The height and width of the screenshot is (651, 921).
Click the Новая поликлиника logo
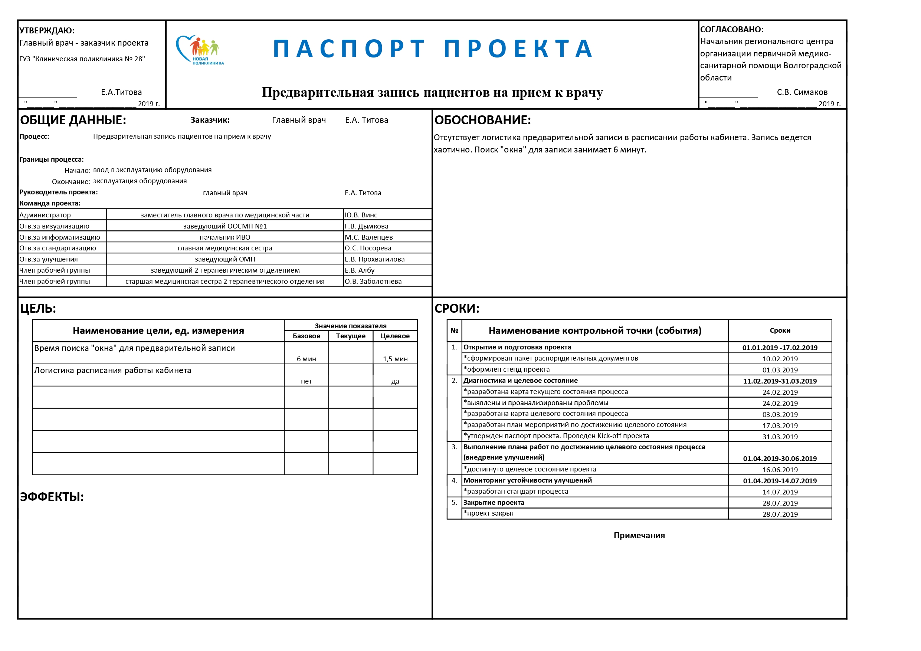coord(199,50)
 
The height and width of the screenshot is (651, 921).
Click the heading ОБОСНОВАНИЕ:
coord(482,120)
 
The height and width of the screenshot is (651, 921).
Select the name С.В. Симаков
coord(802,92)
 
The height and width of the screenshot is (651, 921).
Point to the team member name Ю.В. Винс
coord(361,215)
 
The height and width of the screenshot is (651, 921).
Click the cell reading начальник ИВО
coord(224,237)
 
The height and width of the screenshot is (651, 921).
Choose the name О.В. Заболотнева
coord(373,281)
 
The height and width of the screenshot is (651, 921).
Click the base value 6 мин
coord(306,359)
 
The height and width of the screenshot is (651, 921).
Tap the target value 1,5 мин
coord(395,359)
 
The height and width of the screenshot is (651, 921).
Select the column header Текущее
coord(351,336)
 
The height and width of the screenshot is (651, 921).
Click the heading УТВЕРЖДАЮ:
coord(47,30)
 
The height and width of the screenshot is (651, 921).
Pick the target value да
coord(395,381)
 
